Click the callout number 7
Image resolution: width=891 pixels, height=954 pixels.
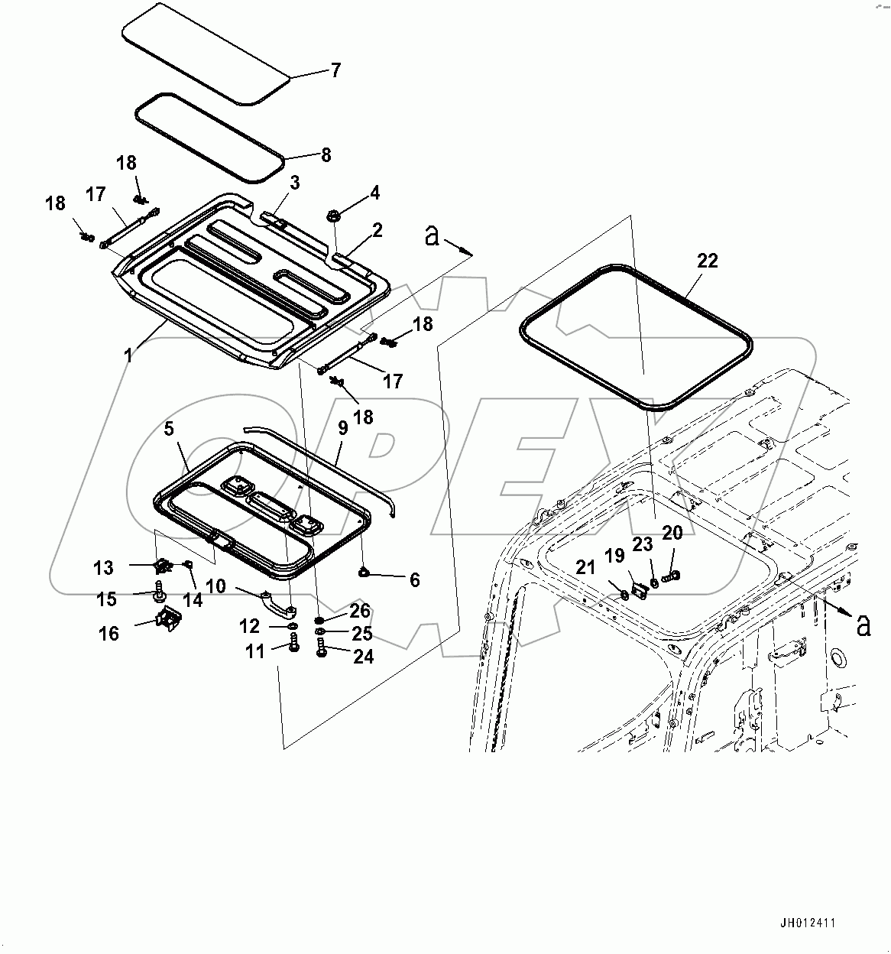(x=335, y=71)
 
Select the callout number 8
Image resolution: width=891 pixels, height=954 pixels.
(x=326, y=155)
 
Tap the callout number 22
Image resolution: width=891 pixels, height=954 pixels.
(x=708, y=261)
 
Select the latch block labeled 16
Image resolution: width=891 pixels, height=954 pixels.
(x=168, y=620)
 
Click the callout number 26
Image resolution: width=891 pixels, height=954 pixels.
(x=360, y=611)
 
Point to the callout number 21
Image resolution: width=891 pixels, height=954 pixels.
(x=585, y=567)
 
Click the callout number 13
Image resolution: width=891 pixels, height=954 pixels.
(x=103, y=568)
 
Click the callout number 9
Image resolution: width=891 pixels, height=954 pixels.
(x=342, y=427)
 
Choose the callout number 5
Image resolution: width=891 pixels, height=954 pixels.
(x=169, y=429)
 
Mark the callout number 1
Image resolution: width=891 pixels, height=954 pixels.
(x=128, y=355)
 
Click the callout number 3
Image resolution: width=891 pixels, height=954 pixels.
(x=294, y=183)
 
